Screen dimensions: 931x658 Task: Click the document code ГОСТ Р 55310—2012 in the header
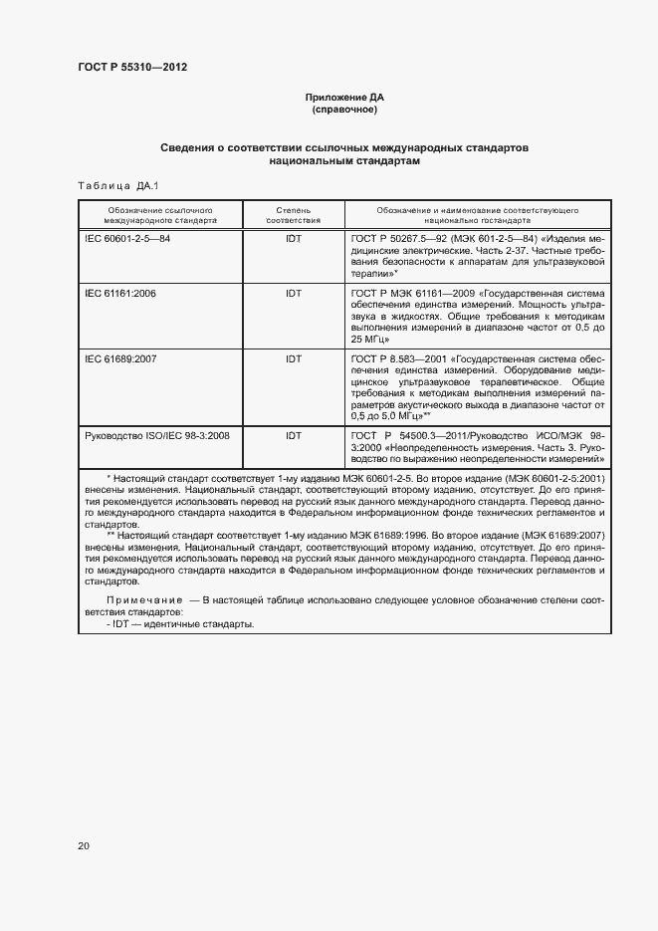tap(132, 68)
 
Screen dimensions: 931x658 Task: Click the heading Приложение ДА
tap(343, 98)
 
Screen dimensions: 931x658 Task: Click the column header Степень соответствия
tap(293, 215)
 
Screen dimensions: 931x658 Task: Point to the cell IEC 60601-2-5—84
tap(128, 239)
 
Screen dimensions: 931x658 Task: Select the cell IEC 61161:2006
tap(121, 294)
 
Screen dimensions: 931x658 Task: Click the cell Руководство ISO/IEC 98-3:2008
tap(158, 435)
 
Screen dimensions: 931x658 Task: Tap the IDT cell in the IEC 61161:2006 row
tap(294, 294)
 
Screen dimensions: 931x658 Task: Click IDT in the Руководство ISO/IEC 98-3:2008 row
tap(294, 435)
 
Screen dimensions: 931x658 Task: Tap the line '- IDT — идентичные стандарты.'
tap(179, 624)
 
